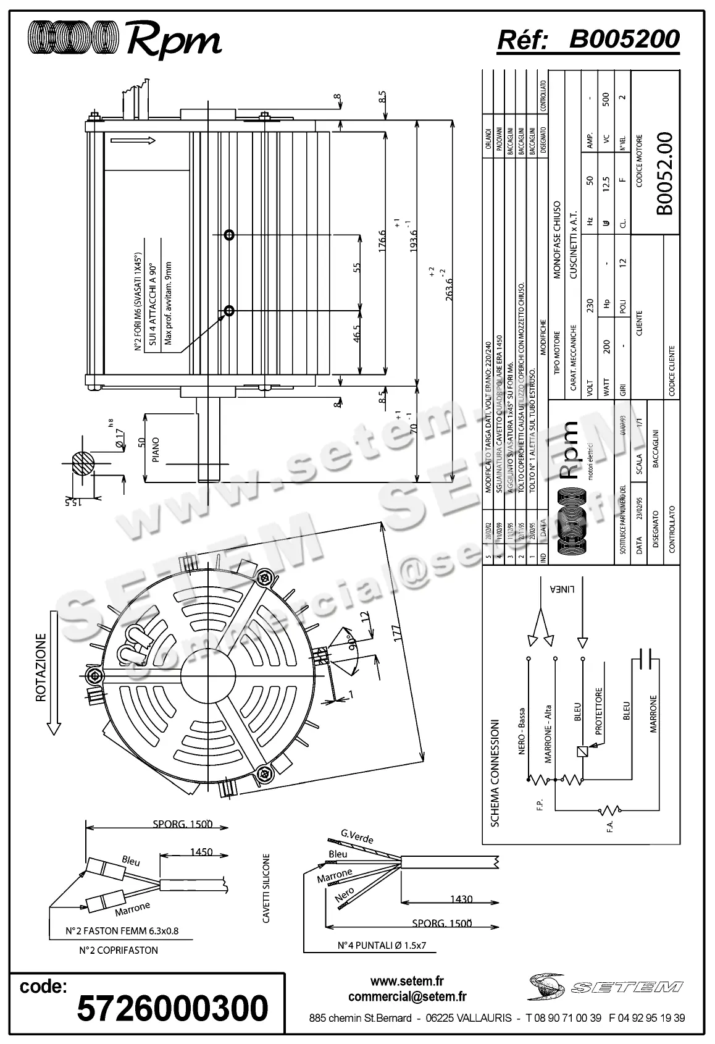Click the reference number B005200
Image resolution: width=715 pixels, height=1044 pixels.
[624, 40]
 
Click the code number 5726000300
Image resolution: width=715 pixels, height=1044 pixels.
[172, 1008]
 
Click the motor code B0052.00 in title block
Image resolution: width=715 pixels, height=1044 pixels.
[664, 174]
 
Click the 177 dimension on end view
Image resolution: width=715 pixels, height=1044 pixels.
[397, 633]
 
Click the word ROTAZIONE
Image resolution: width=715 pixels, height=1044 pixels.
[41, 667]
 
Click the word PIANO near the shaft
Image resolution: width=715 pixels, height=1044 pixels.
[156, 450]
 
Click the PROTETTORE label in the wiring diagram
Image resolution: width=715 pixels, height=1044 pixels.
[598, 711]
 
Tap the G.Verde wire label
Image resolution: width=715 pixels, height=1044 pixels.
[357, 837]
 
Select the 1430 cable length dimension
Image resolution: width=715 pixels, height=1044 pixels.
[461, 899]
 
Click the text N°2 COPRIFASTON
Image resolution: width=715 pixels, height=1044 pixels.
[119, 950]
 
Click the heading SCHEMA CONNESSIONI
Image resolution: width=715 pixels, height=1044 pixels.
[495, 772]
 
